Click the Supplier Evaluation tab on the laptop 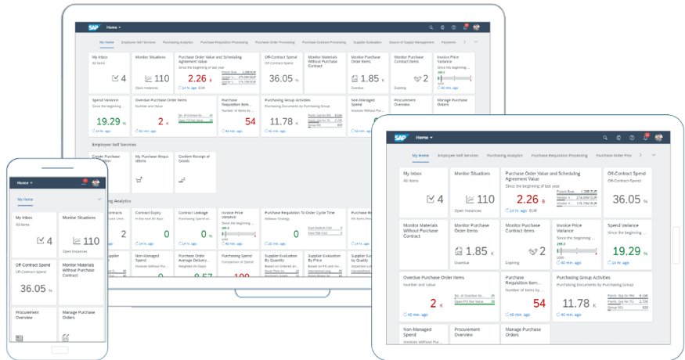(x=367, y=41)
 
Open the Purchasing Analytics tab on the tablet (x=504, y=156)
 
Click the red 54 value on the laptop (x=250, y=121)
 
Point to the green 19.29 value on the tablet (x=625, y=251)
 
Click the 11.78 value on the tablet (x=576, y=303)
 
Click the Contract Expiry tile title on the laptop (x=149, y=212)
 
